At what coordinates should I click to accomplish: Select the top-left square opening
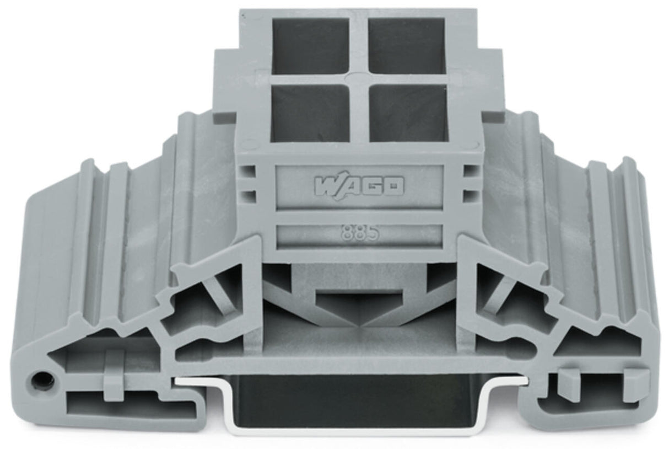click(310, 46)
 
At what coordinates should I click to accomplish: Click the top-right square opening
click(407, 46)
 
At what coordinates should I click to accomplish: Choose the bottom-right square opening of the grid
click(408, 113)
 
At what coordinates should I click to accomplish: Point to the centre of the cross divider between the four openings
click(359, 79)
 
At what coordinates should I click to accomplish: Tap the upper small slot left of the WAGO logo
click(249, 172)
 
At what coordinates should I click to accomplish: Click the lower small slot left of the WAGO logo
click(249, 196)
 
